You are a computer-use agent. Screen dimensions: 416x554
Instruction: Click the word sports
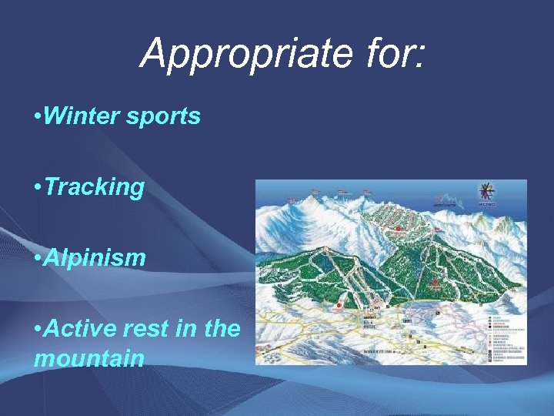coord(165,116)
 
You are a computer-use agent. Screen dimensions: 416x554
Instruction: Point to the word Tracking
coord(95,187)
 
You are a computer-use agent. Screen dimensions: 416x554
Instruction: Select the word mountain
coord(88,357)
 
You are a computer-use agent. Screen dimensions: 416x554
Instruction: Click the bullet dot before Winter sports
coord(38,117)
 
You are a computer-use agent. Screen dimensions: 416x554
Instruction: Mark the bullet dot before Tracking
coord(38,188)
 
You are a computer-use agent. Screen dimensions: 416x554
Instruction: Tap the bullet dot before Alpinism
coord(38,259)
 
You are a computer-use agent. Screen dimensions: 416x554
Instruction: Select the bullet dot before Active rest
coord(38,329)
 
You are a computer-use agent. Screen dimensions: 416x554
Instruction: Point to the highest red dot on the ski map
coord(399,228)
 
